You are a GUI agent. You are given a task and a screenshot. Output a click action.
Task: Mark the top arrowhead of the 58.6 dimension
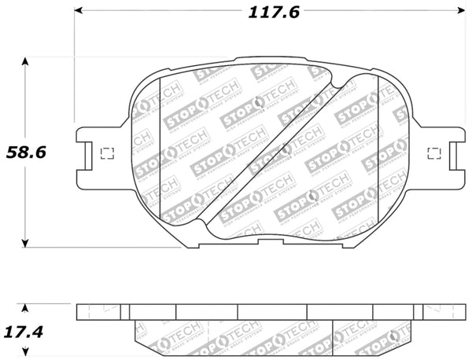tap(27, 61)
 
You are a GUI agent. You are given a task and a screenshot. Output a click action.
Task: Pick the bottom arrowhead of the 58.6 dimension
tap(27, 243)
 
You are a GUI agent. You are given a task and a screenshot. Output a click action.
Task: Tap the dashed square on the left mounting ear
tap(109, 152)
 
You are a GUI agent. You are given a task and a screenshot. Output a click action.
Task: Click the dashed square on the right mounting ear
tap(433, 152)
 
